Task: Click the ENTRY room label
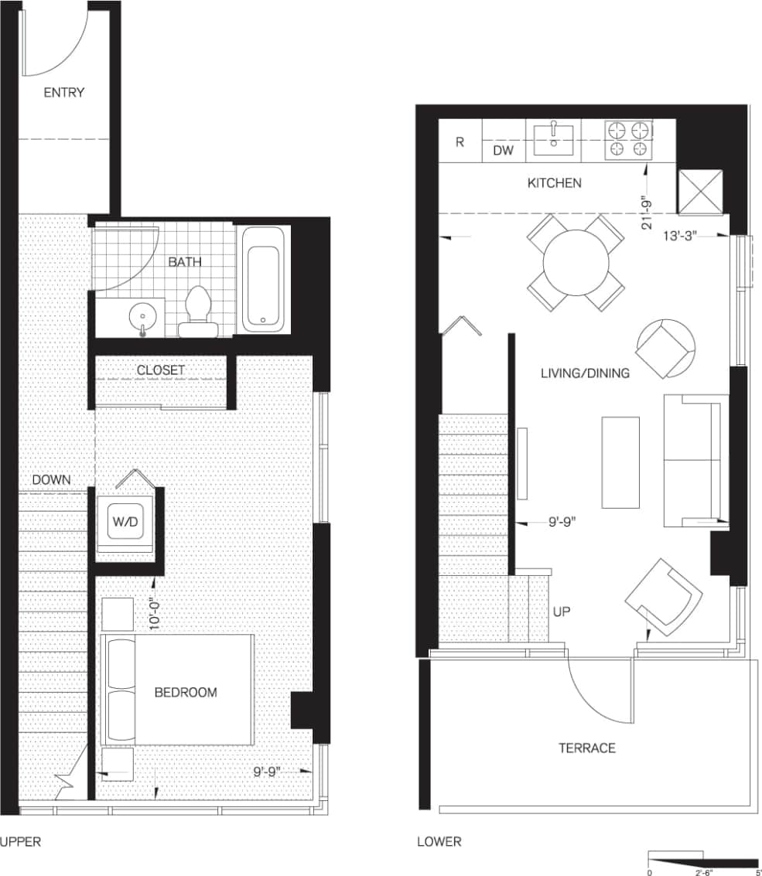[x=63, y=92]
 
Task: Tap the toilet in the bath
[x=199, y=310]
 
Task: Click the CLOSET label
[x=161, y=370]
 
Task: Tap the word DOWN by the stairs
[x=51, y=479]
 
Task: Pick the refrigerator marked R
[x=460, y=142]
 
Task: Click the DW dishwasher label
[x=504, y=152]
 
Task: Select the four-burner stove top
[x=627, y=140]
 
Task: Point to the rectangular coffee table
[x=620, y=462]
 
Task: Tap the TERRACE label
[x=587, y=748]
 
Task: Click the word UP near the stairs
[x=562, y=611]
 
